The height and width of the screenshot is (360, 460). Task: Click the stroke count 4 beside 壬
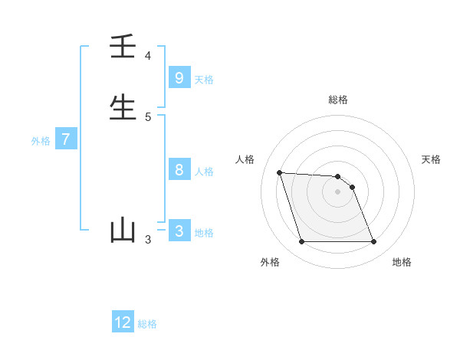[x=148, y=56]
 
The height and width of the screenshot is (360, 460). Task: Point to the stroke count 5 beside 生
[x=148, y=116]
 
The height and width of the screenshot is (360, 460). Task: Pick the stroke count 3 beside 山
[x=148, y=240]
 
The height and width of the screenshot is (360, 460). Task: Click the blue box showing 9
[x=179, y=77]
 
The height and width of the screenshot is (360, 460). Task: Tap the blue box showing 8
[x=179, y=170]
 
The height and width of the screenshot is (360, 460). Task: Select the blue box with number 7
[x=66, y=139]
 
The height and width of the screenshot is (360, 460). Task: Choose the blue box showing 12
[x=123, y=322]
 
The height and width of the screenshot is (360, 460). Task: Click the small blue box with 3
[x=179, y=231]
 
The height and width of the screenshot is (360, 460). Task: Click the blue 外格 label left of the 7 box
[x=41, y=141]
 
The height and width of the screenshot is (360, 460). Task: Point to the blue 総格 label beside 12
[x=147, y=324]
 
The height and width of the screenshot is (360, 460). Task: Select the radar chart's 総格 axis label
[x=338, y=100]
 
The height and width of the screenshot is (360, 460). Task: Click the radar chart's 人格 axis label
[x=245, y=159]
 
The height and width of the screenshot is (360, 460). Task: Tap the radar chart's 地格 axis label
[x=402, y=262]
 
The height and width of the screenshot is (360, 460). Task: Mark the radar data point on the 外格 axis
[x=301, y=242]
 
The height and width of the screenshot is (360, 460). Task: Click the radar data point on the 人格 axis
[x=280, y=172]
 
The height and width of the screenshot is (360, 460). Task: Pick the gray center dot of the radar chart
[x=338, y=191]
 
